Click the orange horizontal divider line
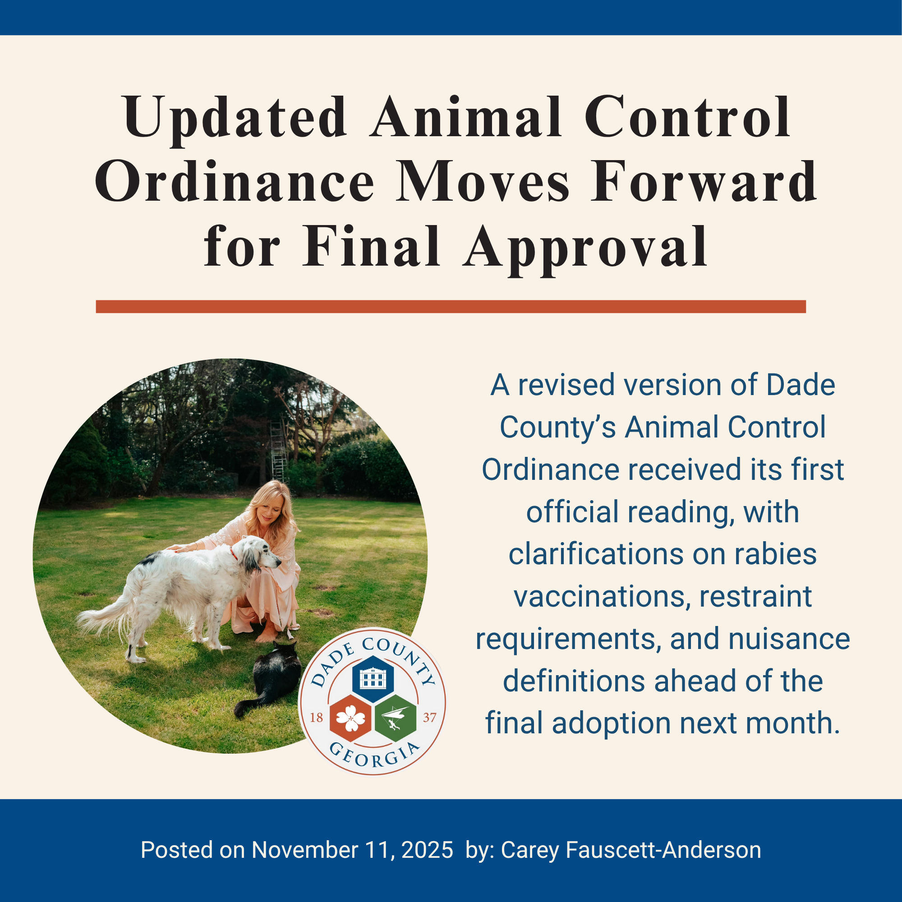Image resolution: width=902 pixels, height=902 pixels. click(451, 306)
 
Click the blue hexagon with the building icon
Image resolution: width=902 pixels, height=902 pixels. click(373, 678)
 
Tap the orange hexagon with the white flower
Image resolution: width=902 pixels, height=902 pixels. click(350, 718)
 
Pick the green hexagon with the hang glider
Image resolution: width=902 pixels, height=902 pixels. click(396, 718)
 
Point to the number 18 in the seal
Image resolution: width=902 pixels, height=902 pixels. click(317, 718)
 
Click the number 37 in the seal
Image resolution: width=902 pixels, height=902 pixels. click(429, 718)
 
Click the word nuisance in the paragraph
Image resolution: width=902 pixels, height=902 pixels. click(789, 639)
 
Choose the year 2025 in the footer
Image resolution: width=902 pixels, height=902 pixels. click(427, 850)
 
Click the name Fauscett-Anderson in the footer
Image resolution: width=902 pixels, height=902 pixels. click(663, 850)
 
